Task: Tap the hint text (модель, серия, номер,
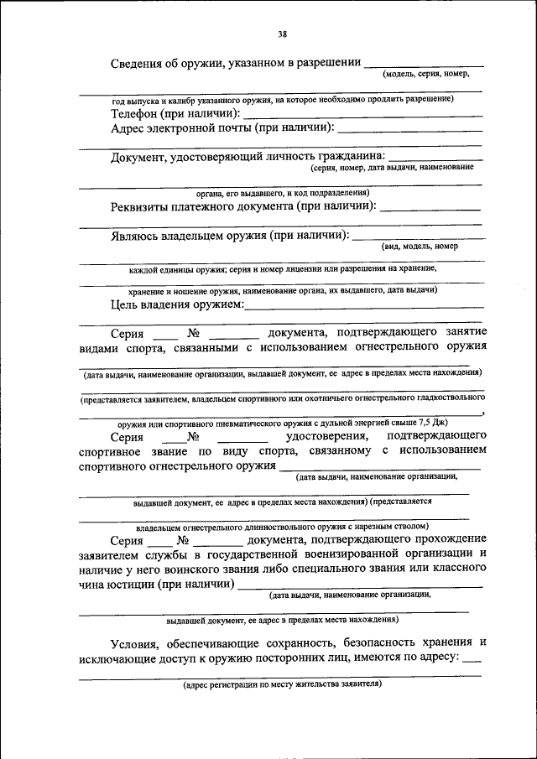coord(425,75)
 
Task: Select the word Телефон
coord(136,113)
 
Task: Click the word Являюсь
coord(138,236)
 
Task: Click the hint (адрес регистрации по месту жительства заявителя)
coord(283,684)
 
